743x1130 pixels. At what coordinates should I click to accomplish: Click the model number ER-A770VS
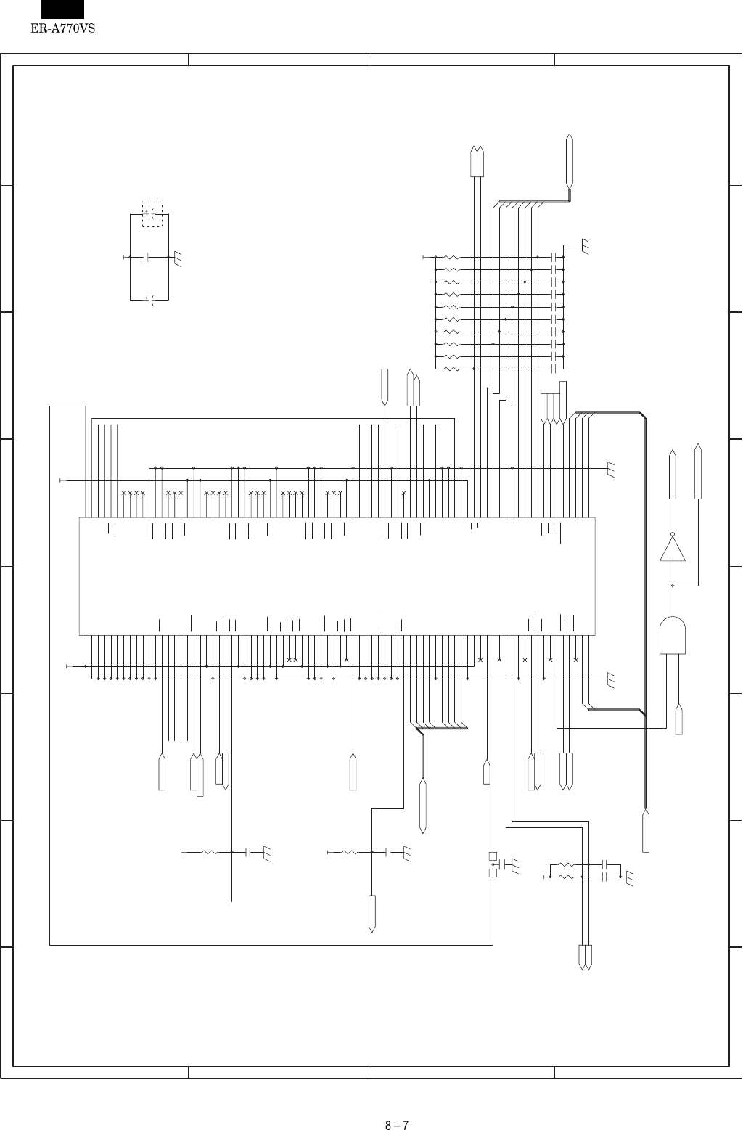[64, 30]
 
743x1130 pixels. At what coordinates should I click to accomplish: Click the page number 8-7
[397, 1106]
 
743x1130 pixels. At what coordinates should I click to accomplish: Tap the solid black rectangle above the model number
[62, 9]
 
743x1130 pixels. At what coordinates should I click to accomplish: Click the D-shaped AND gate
[673, 635]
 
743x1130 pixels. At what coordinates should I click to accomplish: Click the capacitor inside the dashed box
[152, 214]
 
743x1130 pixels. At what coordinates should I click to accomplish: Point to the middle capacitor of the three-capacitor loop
[147, 257]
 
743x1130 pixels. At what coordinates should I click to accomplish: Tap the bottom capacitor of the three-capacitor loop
[150, 300]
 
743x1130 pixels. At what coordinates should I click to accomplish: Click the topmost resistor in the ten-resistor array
[452, 257]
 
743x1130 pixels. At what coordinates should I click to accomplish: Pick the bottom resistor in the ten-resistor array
[452, 369]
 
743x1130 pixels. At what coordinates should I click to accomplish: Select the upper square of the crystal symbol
[493, 856]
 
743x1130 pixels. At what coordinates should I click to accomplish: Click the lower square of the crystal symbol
[493, 872]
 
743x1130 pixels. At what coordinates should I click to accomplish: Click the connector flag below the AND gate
[679, 719]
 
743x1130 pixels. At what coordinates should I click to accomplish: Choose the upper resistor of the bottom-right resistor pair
[567, 865]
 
